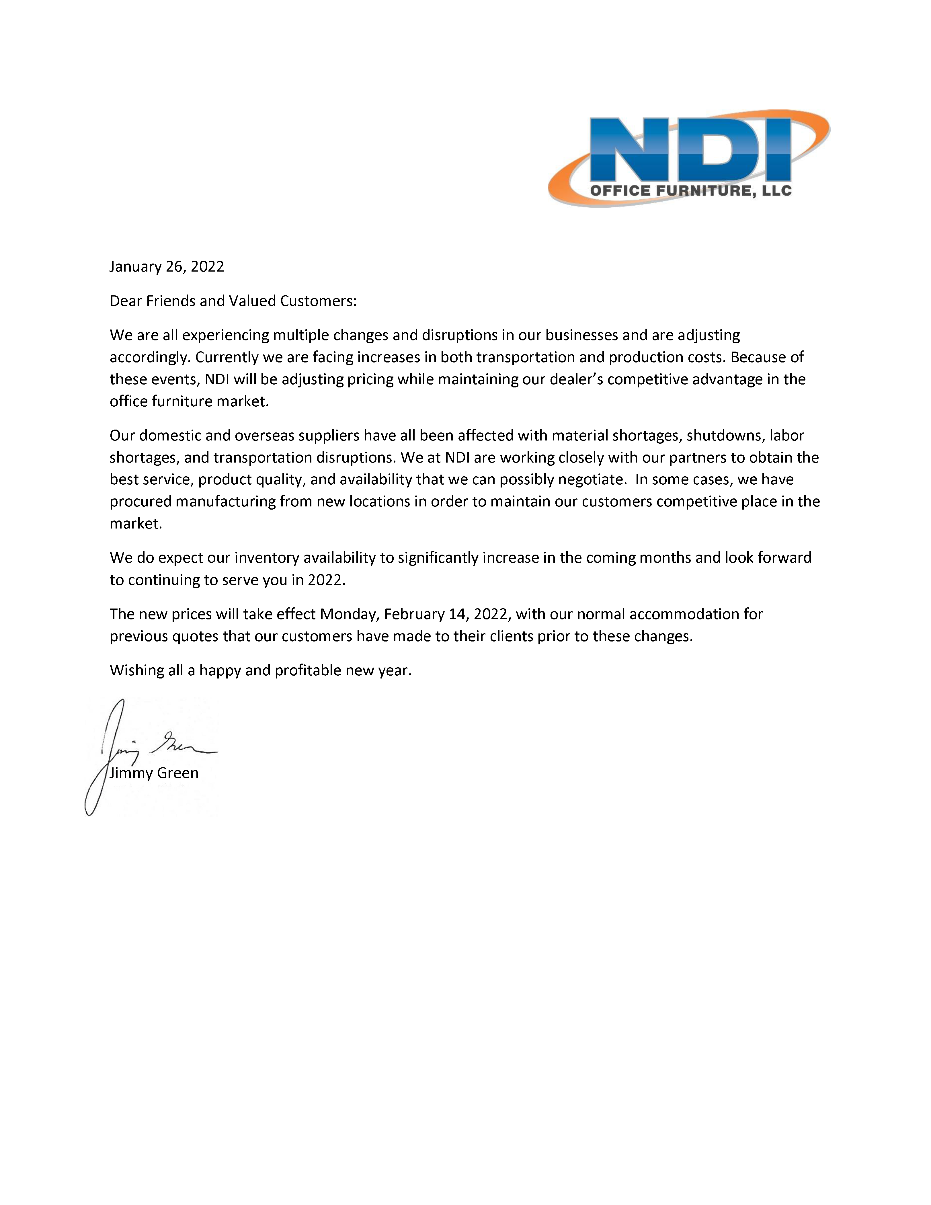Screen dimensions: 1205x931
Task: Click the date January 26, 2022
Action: tap(167, 266)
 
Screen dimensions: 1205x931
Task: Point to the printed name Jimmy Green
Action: tap(154, 773)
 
